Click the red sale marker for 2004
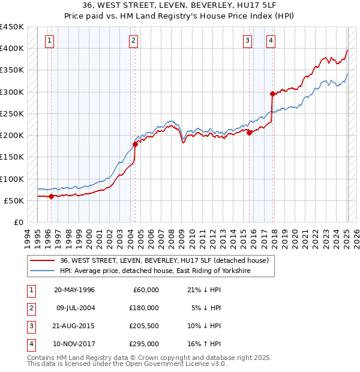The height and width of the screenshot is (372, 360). pyautogui.click(x=135, y=144)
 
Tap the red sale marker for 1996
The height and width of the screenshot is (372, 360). pyautogui.click(x=51, y=196)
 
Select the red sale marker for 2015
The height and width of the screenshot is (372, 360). pyautogui.click(x=249, y=133)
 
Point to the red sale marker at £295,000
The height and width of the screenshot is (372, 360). pyautogui.click(x=272, y=94)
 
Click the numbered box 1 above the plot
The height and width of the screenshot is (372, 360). pyautogui.click(x=49, y=41)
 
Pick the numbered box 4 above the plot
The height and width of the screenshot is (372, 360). pyautogui.click(x=271, y=41)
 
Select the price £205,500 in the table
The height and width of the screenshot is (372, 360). pyautogui.click(x=145, y=326)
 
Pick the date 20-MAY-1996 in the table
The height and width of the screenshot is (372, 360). pyautogui.click(x=74, y=289)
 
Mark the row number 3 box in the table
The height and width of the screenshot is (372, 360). pyautogui.click(x=30, y=326)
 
